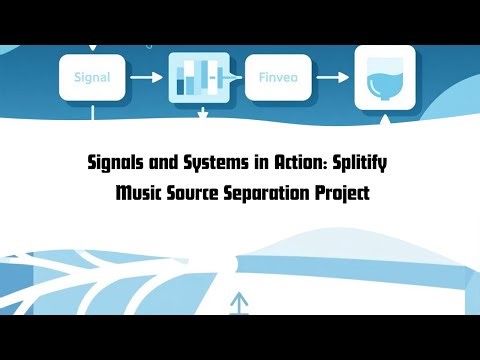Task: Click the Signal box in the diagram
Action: [92, 75]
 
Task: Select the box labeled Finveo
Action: [277, 75]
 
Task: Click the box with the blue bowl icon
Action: [384, 77]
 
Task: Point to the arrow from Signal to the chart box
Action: [145, 76]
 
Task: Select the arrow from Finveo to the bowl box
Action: [333, 76]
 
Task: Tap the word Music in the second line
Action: [139, 193]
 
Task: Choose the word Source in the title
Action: [197, 193]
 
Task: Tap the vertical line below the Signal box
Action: [93, 113]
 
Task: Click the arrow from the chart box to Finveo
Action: [234, 76]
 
